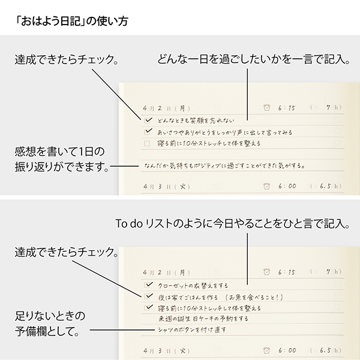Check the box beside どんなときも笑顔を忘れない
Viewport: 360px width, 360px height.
[148, 120]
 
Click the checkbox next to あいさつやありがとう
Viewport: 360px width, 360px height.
[148, 131]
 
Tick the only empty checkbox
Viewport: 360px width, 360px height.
[148, 143]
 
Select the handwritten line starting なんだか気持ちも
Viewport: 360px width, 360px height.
[223, 165]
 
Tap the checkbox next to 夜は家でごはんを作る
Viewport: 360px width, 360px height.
[148, 296]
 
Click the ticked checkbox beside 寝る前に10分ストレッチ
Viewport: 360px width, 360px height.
[148, 307]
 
